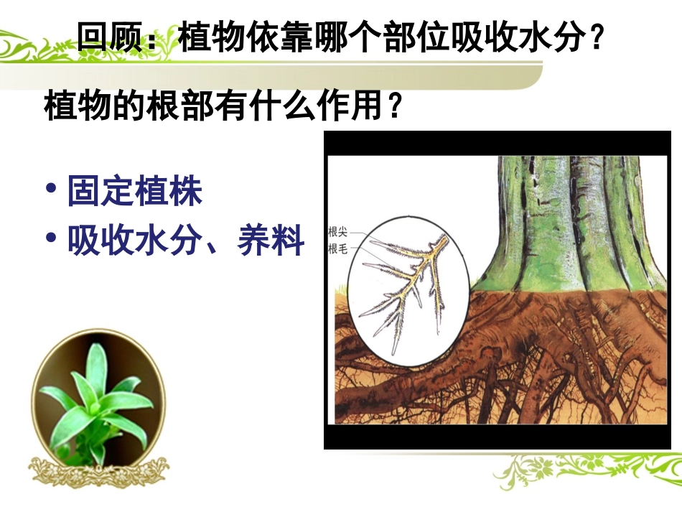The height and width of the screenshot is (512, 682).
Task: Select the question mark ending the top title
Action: pyautogui.click(x=593, y=37)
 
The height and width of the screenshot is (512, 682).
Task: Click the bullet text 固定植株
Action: pyautogui.click(x=135, y=192)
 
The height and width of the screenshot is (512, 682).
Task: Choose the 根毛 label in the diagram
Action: pyautogui.click(x=338, y=249)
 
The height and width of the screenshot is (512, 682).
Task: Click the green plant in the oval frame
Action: pyautogui.click(x=97, y=399)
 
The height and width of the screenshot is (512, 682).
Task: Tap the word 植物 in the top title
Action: pyautogui.click(x=208, y=37)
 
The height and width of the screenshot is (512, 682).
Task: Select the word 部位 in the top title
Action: pyautogui.click(x=412, y=37)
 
